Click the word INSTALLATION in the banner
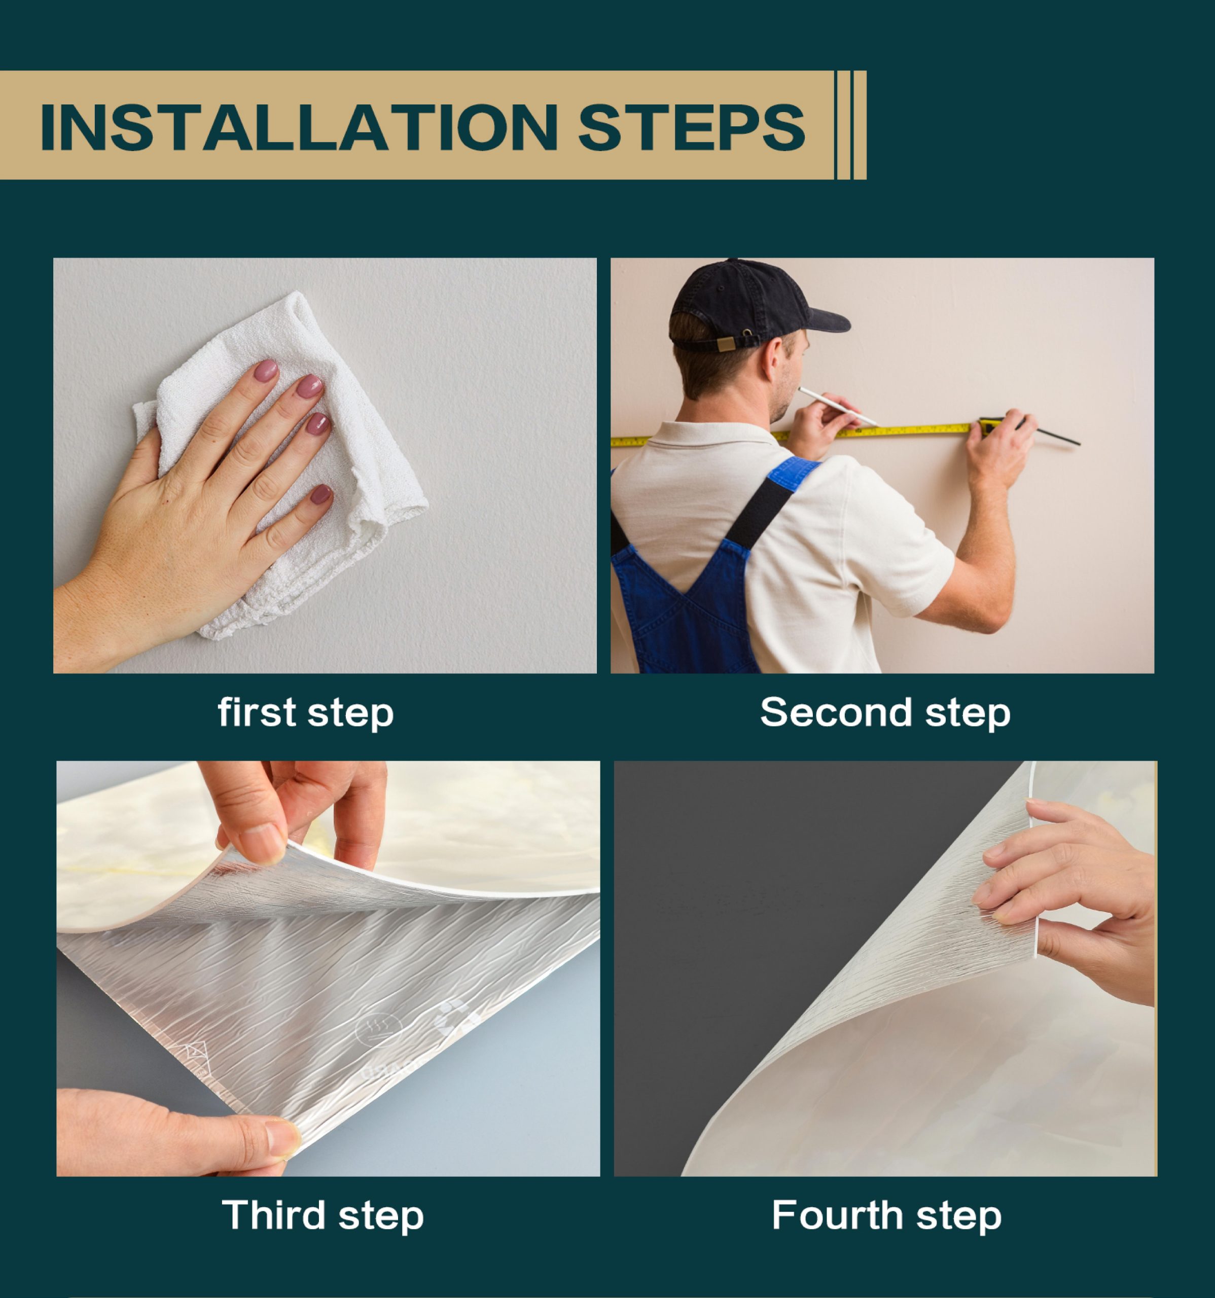pos(299,127)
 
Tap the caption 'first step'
pos(306,712)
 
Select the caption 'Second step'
pos(885,712)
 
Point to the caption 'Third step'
pos(323,1216)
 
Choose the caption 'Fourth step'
pos(886,1216)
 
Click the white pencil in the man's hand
pos(838,406)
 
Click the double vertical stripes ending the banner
pos(851,125)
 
